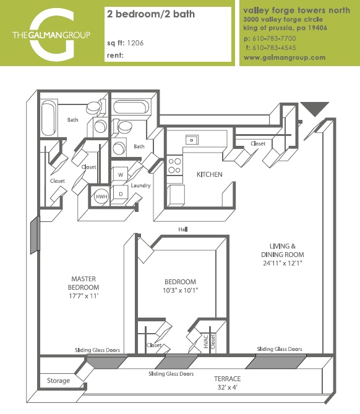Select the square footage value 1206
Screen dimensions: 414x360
coord(137,43)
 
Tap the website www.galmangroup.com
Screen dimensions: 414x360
coord(285,57)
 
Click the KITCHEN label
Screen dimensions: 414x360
coord(209,175)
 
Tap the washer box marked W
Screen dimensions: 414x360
coord(121,174)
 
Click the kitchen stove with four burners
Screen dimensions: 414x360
coord(175,164)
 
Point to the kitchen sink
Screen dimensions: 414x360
coord(192,140)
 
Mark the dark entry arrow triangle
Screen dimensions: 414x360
coord(315,109)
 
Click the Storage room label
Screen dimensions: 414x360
coord(58,381)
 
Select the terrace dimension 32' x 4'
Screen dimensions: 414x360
coord(227,388)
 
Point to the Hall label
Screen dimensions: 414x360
coord(182,229)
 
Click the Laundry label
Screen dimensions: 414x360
coord(141,185)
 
